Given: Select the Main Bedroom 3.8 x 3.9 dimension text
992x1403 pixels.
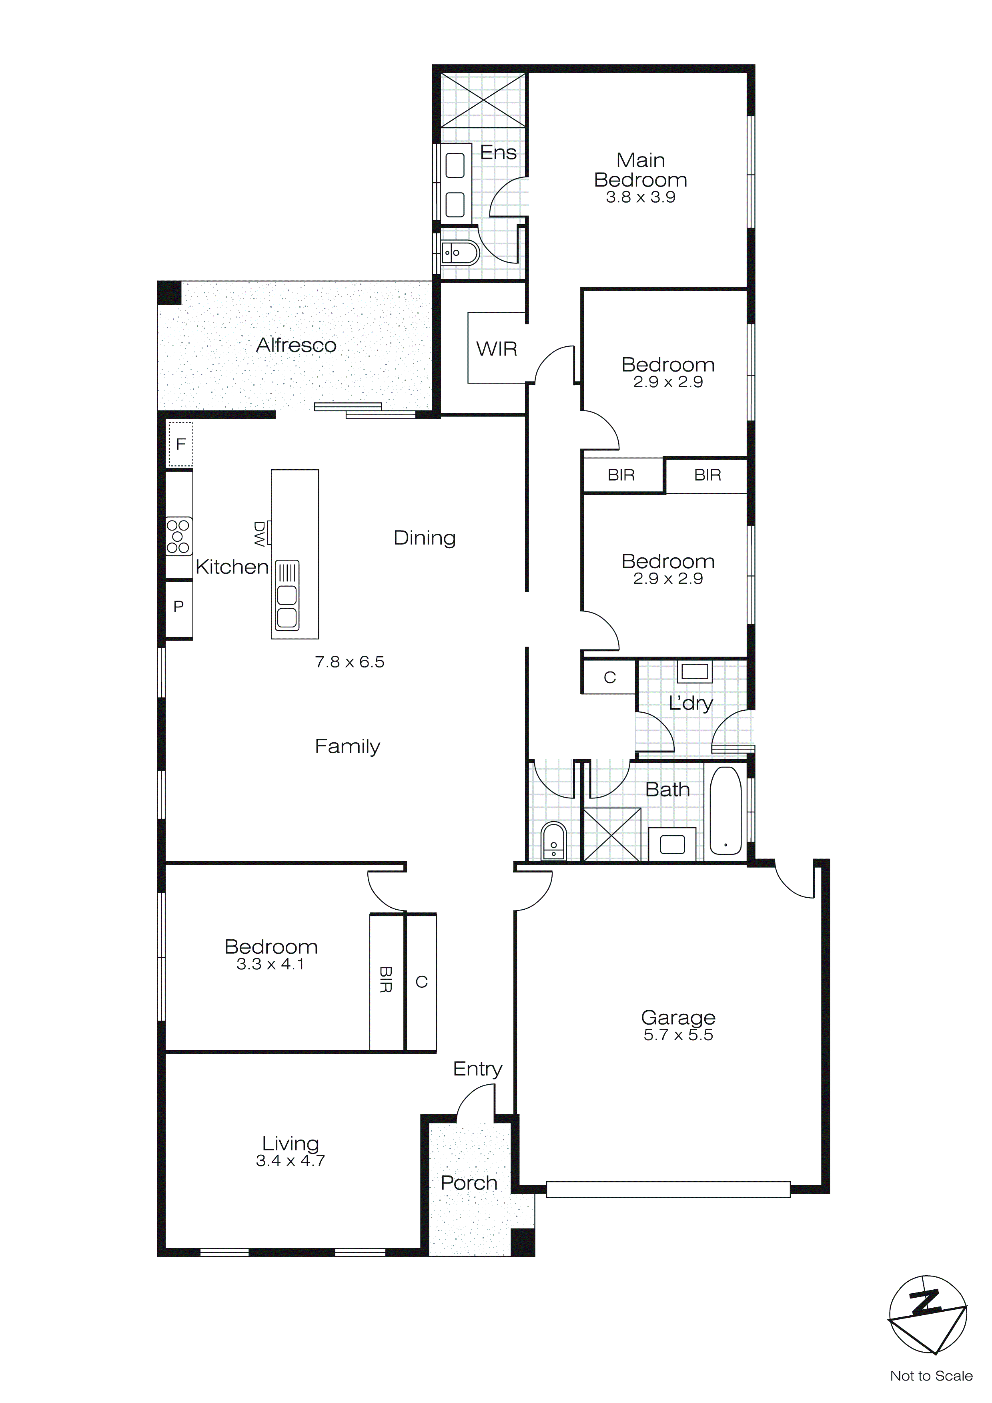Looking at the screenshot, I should tap(640, 197).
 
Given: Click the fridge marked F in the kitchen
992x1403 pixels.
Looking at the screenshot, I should tap(180, 444).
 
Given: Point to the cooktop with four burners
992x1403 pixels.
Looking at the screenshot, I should tap(178, 537).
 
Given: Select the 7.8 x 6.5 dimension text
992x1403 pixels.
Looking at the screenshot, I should tap(349, 662).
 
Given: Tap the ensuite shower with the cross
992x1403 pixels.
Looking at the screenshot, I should tap(483, 100).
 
